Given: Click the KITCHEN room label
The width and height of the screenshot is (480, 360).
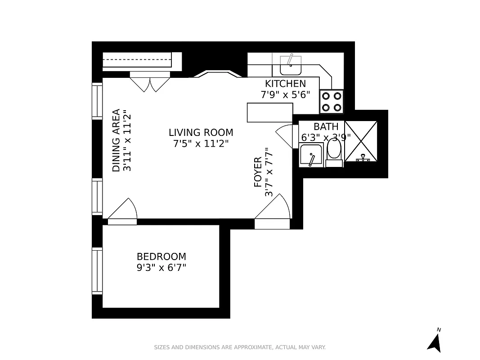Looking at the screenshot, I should pos(285,84).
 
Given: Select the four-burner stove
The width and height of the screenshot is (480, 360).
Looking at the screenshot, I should pos(332,101).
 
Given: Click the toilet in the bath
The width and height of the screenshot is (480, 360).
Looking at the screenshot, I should pos(334,151).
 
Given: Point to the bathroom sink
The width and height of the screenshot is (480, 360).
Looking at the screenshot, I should pos(310,155).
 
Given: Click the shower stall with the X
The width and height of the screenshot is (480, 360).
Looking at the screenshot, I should pos(361,141).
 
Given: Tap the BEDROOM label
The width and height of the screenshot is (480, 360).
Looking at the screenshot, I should pos(161,256).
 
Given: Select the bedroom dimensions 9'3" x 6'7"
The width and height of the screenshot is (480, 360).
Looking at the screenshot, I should pos(161,268).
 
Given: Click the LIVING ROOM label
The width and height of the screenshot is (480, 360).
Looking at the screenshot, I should pos(201,133).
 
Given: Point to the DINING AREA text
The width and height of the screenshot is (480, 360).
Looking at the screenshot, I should pos(117,140).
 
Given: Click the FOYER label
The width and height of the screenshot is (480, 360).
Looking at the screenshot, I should pos(258,172).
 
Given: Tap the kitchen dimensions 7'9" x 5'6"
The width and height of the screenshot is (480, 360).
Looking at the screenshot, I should pos(285,94).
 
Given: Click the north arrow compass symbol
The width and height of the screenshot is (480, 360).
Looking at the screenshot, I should pos(434,342).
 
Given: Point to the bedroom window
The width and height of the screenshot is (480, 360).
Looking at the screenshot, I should pos(97,270).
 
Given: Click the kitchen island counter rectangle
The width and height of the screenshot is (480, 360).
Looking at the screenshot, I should pos(270,112).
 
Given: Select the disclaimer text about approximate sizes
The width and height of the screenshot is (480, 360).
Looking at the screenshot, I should pos(240,347).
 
